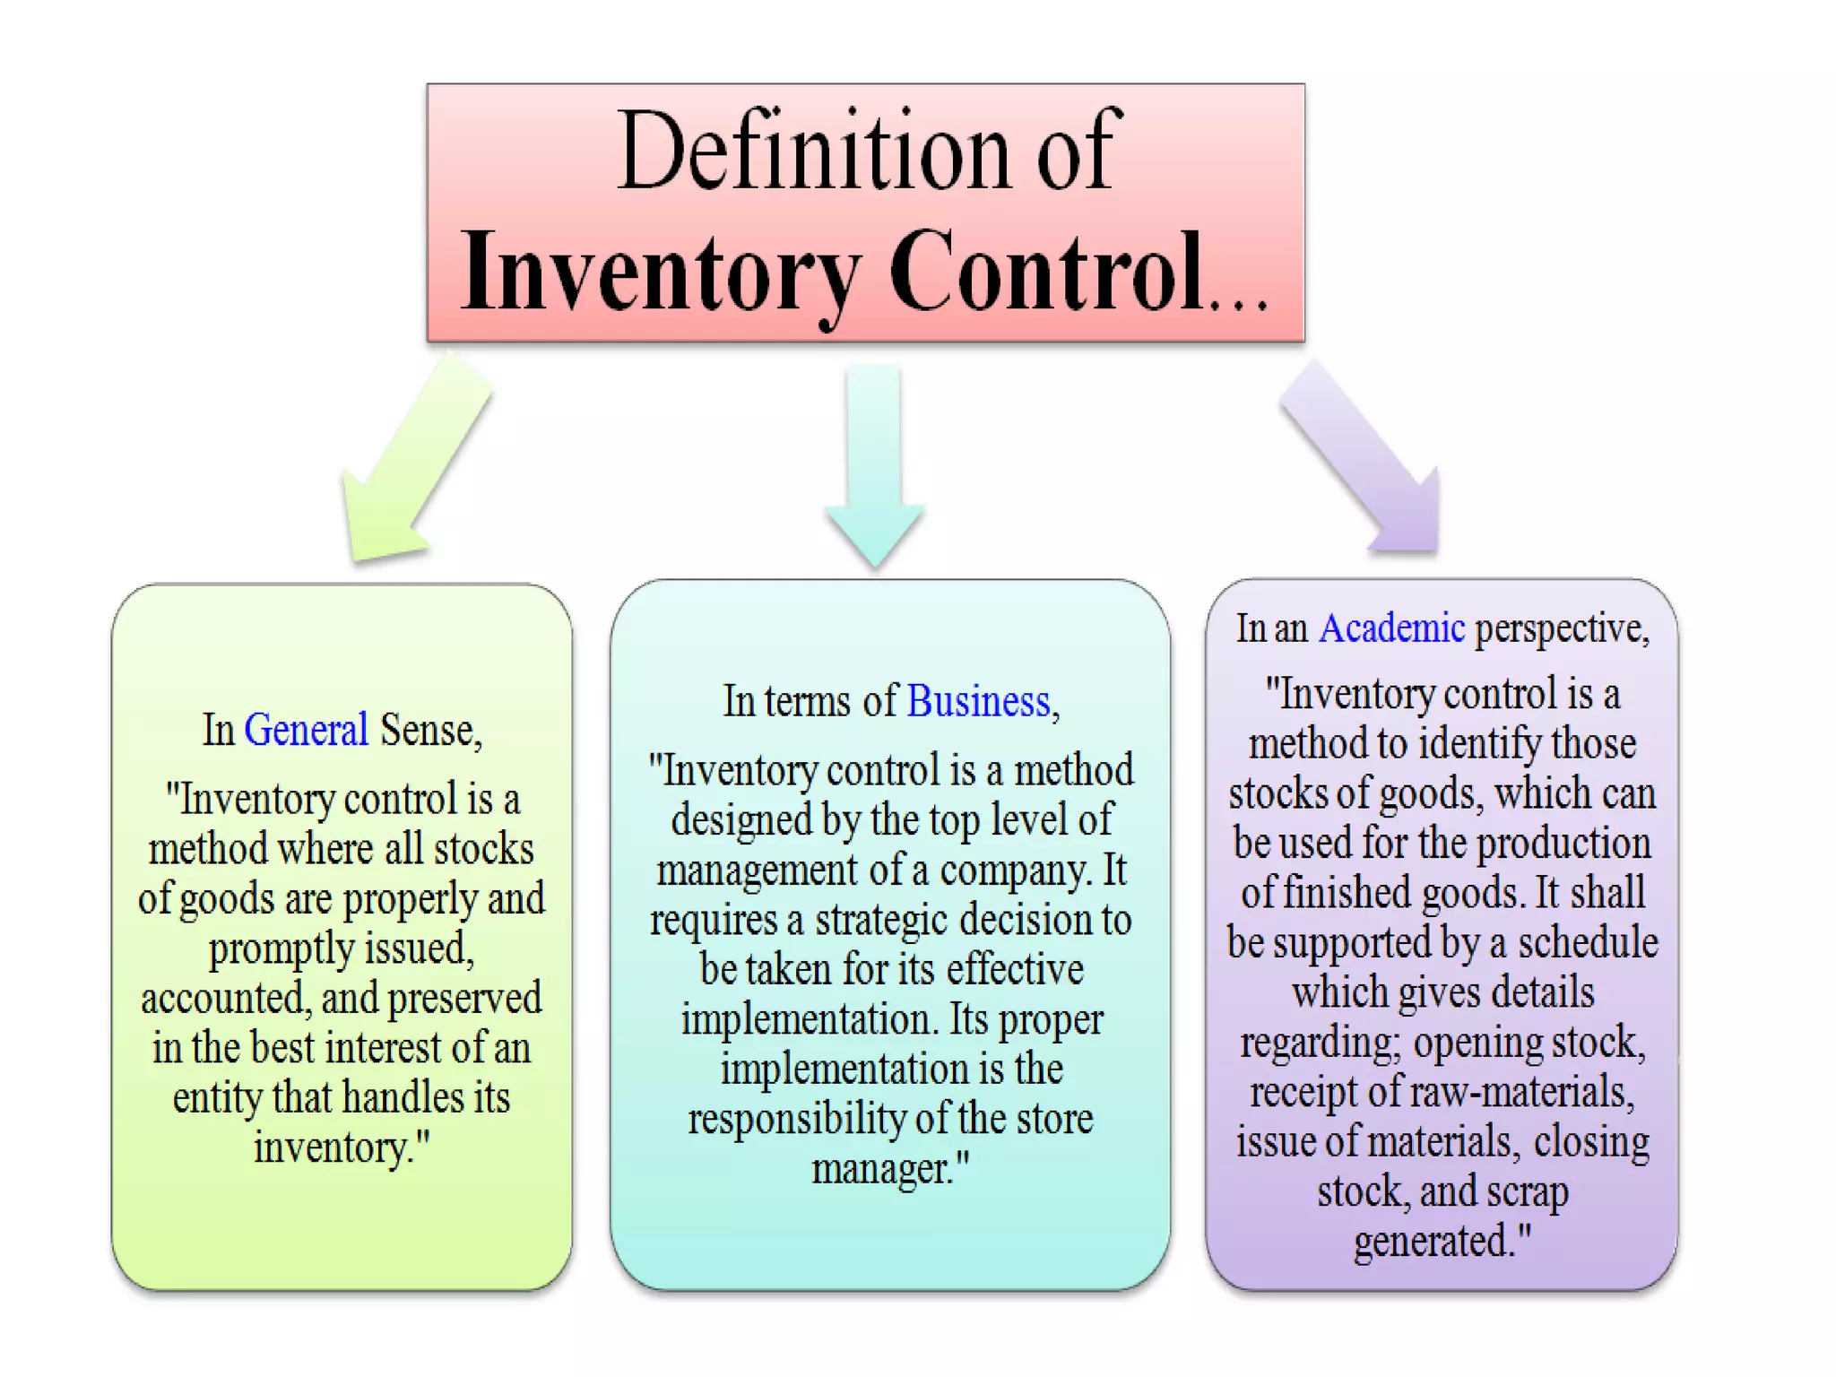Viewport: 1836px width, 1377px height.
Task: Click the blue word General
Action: (306, 730)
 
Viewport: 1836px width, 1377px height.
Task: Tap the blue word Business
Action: (978, 701)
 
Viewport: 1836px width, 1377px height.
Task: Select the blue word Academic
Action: (1391, 628)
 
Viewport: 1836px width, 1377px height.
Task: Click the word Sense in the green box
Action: (427, 730)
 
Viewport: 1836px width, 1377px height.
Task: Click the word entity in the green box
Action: (216, 1098)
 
